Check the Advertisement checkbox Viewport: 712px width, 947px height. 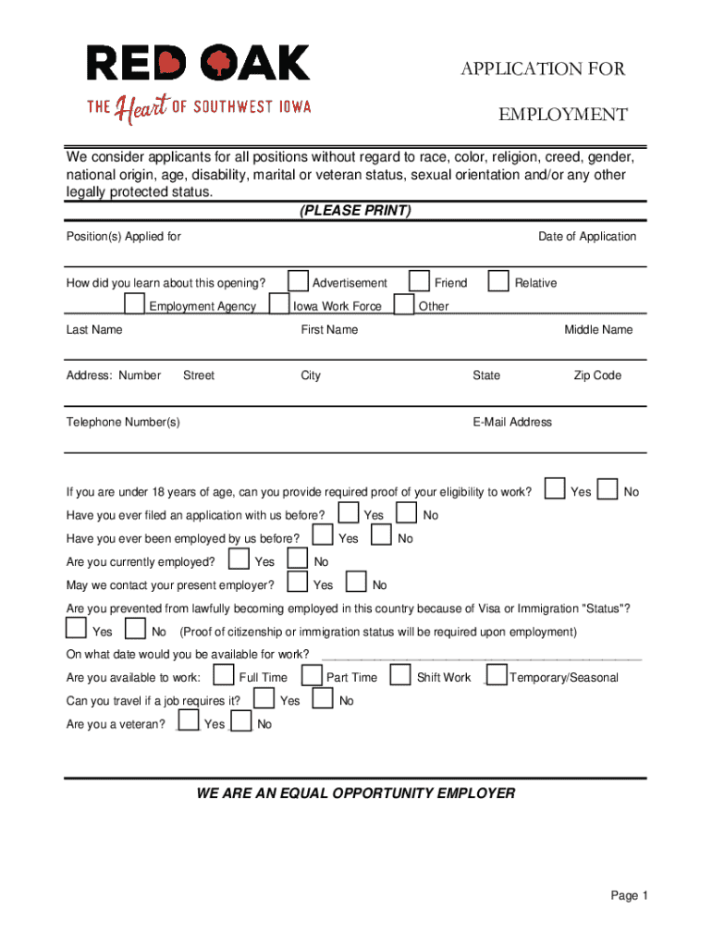tap(298, 281)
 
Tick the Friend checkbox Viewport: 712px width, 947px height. tap(420, 281)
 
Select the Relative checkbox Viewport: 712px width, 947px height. tap(498, 281)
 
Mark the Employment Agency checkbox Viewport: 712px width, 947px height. tap(134, 304)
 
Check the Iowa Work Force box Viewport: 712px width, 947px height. tap(278, 304)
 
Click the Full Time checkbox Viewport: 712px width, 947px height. tap(224, 676)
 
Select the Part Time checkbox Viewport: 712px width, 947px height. tap(312, 676)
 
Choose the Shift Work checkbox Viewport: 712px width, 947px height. tap(400, 676)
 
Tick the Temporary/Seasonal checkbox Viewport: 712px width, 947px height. tap(496, 676)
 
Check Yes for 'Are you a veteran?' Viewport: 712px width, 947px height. tap(189, 721)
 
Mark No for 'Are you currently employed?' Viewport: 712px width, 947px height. tap(298, 560)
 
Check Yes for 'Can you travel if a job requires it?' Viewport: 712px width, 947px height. tap(264, 699)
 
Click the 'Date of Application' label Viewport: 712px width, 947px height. tap(587, 237)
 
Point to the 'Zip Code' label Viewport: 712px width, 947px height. tap(597, 375)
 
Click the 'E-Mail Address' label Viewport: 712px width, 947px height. tap(512, 423)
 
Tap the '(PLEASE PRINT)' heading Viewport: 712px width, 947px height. tap(355, 211)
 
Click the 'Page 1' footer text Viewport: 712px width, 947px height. tap(630, 896)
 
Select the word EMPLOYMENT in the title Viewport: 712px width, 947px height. tap(563, 115)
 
